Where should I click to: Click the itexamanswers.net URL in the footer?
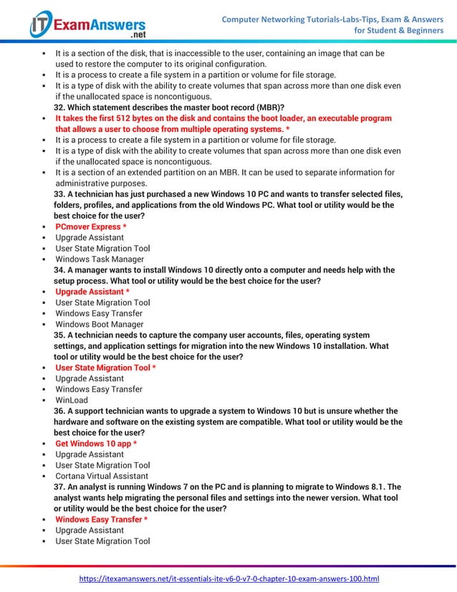click(228, 578)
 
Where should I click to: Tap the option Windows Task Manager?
click(100, 259)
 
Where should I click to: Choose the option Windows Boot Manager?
click(100, 325)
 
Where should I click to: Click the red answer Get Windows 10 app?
click(96, 444)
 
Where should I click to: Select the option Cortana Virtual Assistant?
click(102, 476)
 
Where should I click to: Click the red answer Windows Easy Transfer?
click(101, 520)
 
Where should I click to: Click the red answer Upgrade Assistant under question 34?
click(92, 292)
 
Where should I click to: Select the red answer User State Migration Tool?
click(105, 368)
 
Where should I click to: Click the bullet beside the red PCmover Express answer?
click(44, 227)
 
